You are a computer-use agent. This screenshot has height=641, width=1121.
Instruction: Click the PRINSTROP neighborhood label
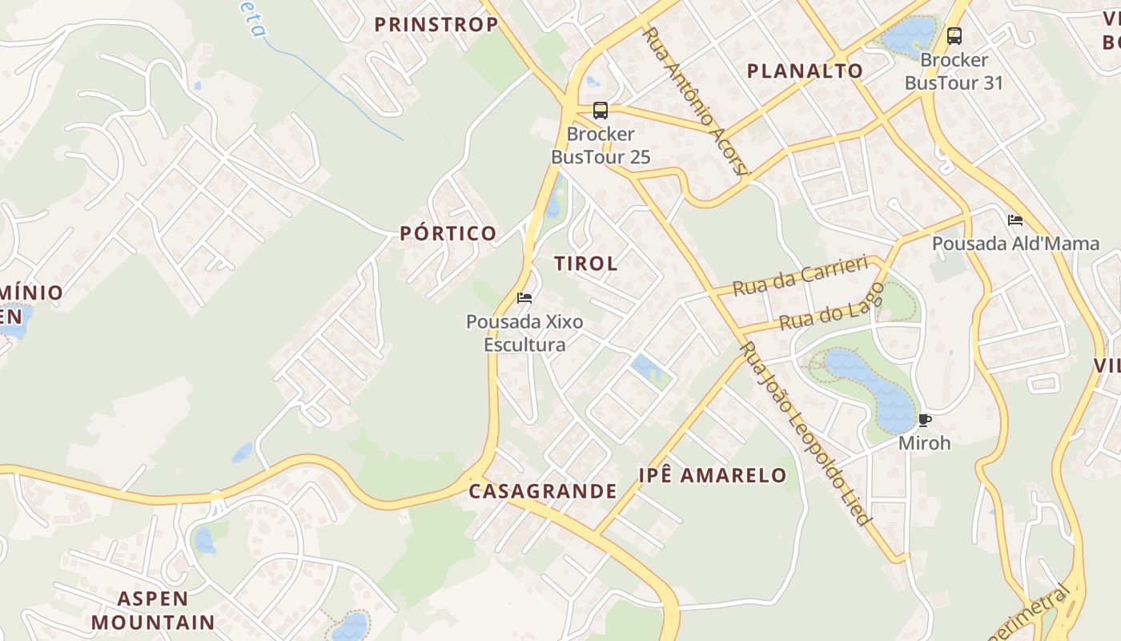pos(436,25)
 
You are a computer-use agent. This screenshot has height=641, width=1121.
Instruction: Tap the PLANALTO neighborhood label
pos(805,71)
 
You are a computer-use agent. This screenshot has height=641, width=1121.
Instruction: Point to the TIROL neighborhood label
pos(585,264)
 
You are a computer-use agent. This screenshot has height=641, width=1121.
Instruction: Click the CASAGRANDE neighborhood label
pos(543,492)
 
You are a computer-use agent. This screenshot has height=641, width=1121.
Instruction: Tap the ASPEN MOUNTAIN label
pos(153,611)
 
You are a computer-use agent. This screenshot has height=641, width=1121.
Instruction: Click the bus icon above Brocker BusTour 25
pos(600,111)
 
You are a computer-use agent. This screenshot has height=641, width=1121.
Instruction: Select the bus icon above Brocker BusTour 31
pos(954,36)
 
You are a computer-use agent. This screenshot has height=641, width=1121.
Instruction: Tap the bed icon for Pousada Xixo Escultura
pos(524,299)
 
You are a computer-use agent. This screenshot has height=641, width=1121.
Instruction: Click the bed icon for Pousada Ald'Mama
pos(1015,220)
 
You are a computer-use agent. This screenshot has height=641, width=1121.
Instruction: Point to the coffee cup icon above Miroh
pos(924,421)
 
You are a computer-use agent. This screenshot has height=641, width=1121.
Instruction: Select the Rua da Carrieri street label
pos(801,276)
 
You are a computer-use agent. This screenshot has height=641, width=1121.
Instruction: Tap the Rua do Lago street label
pos(831,308)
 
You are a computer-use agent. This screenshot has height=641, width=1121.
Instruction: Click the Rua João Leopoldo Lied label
pos(806,433)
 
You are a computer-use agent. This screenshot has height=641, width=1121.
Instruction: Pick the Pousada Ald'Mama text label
pos(1015,244)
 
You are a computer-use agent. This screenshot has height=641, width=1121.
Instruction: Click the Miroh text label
pos(924,443)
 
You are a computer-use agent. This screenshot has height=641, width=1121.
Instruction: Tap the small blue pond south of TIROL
pos(646,368)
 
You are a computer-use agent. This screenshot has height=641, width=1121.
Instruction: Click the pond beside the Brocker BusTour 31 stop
pos(910,34)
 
